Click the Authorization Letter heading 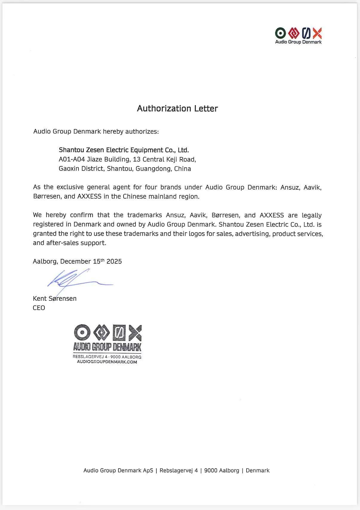point(177,108)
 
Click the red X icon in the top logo point(317,33)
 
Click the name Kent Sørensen point(55,299)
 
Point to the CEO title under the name point(39,308)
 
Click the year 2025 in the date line point(114,262)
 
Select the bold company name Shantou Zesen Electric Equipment point(124,150)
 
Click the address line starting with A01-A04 point(127,159)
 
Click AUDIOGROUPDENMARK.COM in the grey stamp point(107,362)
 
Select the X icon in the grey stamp point(135,333)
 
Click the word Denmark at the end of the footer point(258,471)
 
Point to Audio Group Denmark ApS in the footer point(118,471)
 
